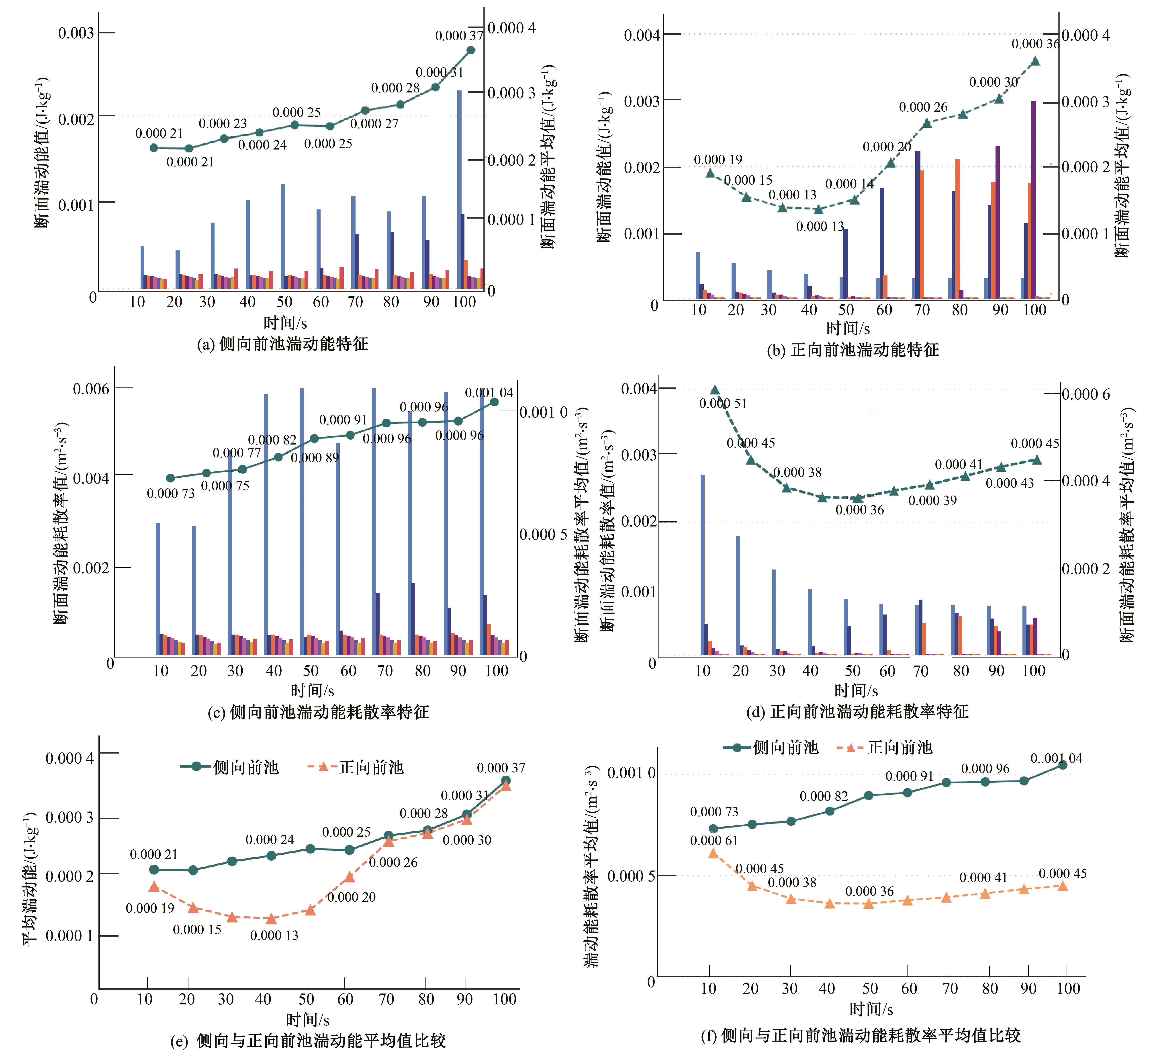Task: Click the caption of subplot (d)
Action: coord(857,711)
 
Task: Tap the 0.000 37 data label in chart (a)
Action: coord(459,36)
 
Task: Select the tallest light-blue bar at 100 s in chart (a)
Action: coord(459,188)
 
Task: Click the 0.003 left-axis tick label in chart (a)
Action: coord(76,33)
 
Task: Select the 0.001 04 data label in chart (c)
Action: coord(489,393)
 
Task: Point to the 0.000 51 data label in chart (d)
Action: coord(723,404)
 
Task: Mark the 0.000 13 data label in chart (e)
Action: coord(274,935)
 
